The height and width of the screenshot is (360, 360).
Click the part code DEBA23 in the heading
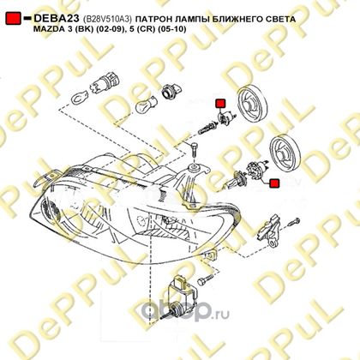[57, 18]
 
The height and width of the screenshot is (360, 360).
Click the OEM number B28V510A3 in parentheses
[107, 19]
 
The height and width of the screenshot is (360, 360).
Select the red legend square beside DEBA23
[14, 18]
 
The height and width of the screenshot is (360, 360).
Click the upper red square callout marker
[220, 104]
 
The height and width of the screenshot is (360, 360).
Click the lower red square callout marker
[274, 183]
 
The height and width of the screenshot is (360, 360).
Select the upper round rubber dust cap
[252, 105]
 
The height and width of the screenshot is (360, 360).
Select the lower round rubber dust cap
[285, 153]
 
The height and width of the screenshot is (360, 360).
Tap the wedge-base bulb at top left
[78, 98]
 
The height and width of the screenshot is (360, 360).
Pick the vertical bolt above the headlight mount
[194, 149]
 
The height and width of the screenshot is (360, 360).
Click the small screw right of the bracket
[293, 221]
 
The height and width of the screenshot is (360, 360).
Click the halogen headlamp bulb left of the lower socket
[233, 181]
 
